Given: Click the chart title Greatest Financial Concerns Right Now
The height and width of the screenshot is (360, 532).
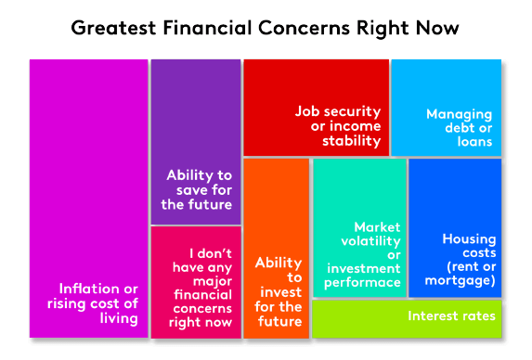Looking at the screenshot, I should click(266, 27).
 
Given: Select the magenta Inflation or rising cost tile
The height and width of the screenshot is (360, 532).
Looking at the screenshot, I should click(88, 186).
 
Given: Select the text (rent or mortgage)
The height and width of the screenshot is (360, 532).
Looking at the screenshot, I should click(468, 274).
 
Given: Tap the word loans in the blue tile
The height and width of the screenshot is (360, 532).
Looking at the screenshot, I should click(474, 143).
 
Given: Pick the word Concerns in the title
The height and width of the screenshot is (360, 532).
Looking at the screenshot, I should click(298, 27).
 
